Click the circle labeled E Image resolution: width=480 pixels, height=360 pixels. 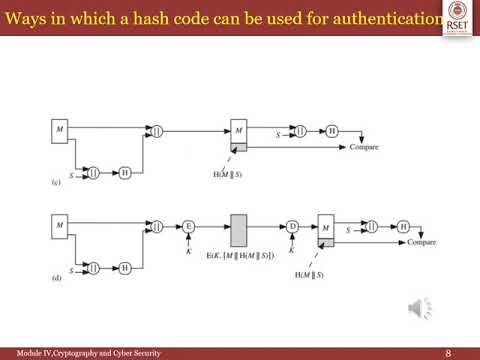click(x=187, y=227)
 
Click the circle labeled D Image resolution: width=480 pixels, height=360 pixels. click(x=293, y=227)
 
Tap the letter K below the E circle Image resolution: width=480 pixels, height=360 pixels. click(x=187, y=250)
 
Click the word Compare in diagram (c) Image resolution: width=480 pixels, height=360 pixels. click(x=363, y=148)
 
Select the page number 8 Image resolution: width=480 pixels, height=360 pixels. click(x=447, y=352)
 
